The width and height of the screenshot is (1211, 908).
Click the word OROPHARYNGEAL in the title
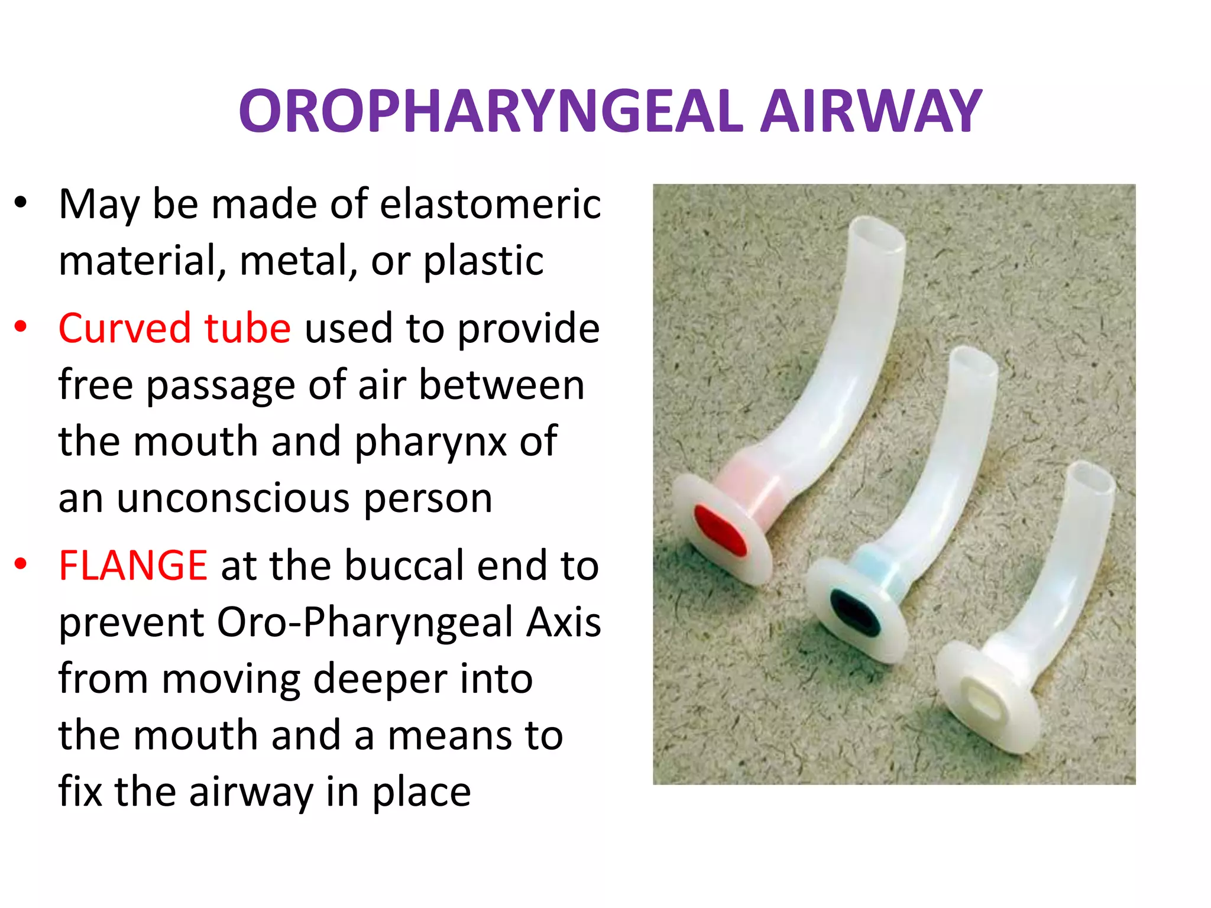pyautogui.click(x=490, y=111)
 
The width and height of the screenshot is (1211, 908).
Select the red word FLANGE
pyautogui.click(x=133, y=566)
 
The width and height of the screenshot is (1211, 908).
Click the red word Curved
pyautogui.click(x=124, y=328)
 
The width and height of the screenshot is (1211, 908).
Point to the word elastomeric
pyautogui.click(x=490, y=204)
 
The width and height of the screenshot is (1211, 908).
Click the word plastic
pyautogui.click(x=483, y=261)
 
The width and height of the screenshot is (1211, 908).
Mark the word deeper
pyautogui.click(x=379, y=679)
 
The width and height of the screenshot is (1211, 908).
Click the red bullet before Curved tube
pyautogui.click(x=21, y=327)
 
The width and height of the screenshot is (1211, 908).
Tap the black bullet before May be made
pyautogui.click(x=21, y=203)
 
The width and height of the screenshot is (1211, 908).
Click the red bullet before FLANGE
pyautogui.click(x=21, y=565)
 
